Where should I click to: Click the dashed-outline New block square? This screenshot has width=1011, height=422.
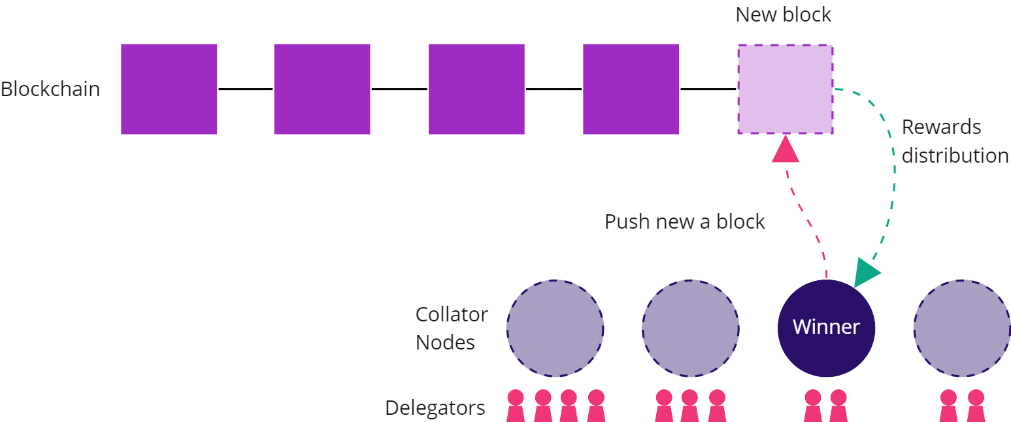click(x=785, y=89)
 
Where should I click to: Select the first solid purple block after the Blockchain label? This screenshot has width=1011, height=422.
click(x=169, y=89)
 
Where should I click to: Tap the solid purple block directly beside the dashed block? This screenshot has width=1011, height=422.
click(x=631, y=89)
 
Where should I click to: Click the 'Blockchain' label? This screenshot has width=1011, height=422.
click(x=50, y=89)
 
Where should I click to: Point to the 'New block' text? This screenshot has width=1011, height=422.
click(x=783, y=14)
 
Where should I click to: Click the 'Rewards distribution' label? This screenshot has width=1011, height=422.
click(x=954, y=141)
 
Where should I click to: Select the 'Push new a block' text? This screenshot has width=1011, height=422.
click(x=684, y=221)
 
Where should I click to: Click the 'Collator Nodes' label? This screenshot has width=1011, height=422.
click(x=452, y=328)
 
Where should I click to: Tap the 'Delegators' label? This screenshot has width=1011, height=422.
click(x=435, y=408)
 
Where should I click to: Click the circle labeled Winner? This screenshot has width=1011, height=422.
click(x=826, y=328)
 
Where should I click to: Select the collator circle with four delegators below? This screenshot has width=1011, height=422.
click(x=555, y=328)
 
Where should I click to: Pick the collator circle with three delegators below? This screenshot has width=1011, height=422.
click(x=690, y=328)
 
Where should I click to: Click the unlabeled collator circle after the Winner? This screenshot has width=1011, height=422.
click(x=961, y=328)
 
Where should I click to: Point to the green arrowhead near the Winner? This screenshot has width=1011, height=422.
click(x=866, y=272)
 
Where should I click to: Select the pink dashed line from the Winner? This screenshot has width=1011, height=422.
click(x=807, y=222)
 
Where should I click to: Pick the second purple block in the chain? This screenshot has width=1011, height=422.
click(x=322, y=89)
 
